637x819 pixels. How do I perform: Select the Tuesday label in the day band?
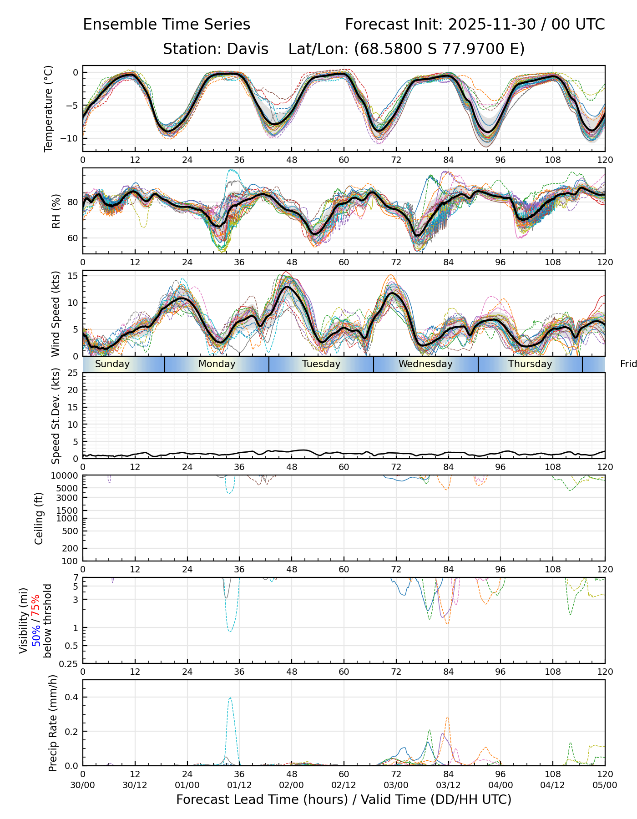(321, 364)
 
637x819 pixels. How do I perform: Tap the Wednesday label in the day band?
(425, 364)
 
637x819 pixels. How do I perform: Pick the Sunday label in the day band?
(112, 364)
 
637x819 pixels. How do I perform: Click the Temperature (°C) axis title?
(49, 108)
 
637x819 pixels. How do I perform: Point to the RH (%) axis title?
(56, 211)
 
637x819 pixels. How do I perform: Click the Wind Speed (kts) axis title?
(56, 313)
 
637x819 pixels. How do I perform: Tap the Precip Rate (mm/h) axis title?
(53, 723)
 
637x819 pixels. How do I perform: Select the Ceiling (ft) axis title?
(39, 518)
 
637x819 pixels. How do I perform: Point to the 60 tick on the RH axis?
(73, 238)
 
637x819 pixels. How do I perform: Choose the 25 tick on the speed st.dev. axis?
(73, 373)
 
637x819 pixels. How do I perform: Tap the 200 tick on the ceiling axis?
(71, 548)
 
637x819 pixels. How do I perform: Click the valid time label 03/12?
(448, 785)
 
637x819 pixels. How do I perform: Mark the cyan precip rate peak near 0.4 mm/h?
(230, 698)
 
